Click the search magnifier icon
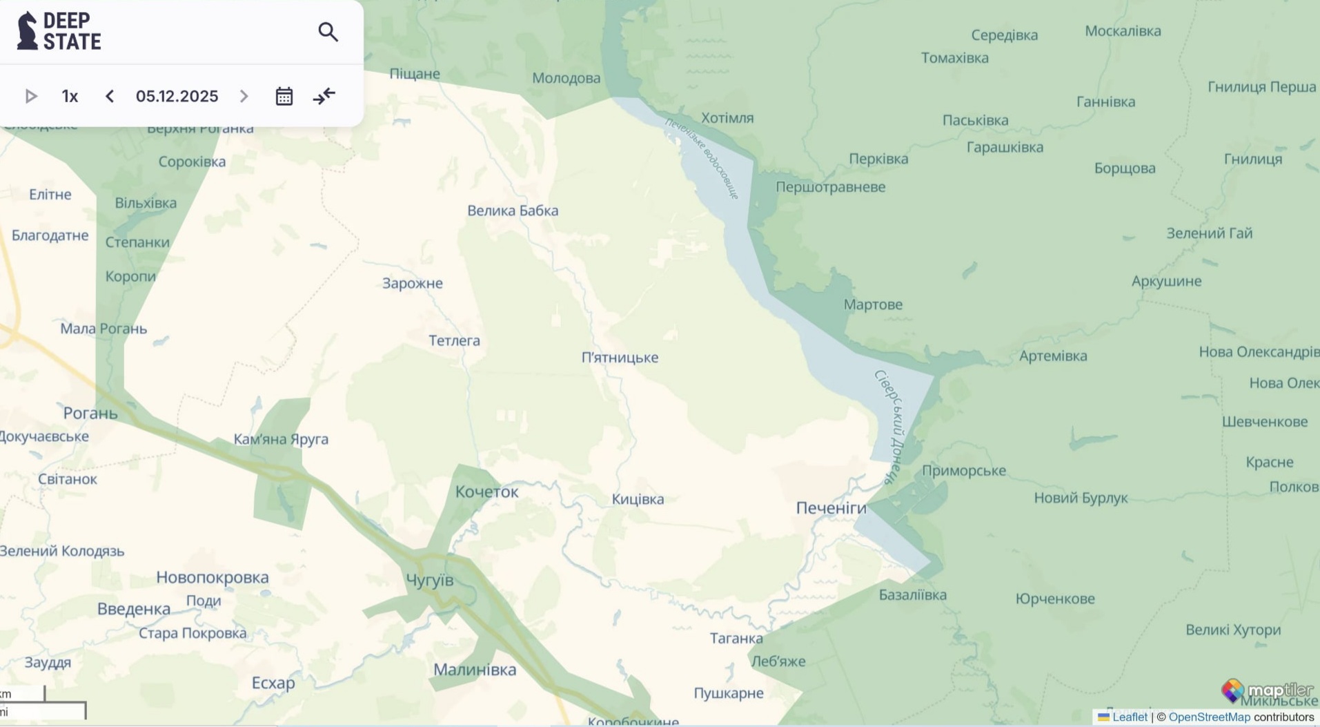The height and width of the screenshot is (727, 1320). point(328,32)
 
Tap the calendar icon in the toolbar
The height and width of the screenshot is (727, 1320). point(284,96)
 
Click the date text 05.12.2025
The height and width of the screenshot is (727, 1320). point(177,96)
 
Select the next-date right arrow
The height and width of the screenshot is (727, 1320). point(244,96)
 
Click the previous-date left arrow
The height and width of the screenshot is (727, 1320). point(110,96)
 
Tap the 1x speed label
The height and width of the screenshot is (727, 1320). point(70,96)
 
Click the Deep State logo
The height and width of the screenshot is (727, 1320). point(59,31)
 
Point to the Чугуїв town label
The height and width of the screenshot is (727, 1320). point(429,580)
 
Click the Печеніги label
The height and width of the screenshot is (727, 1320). point(831,508)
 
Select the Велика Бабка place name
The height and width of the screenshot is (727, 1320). point(513,211)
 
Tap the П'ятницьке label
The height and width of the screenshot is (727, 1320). point(620,358)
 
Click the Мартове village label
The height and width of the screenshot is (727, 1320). point(873,304)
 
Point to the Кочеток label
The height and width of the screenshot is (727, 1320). point(486,492)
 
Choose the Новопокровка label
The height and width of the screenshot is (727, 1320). point(213,577)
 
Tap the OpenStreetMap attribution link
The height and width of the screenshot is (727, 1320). point(1209,717)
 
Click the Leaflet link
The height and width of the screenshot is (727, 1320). point(1129,717)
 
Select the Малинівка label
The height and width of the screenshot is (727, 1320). point(475,669)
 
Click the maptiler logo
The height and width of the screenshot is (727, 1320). point(1267,690)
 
